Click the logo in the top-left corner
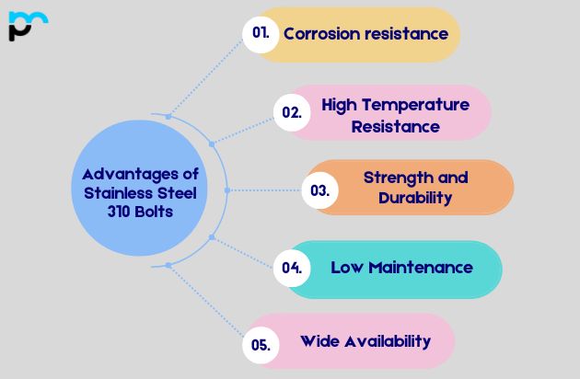coord(27,25)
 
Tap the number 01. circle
coord(261,33)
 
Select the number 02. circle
coord(292,112)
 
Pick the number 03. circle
coord(320,190)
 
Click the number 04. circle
coord(292,269)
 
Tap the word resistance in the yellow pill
coord(409,34)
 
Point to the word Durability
coord(415,198)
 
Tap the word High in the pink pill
coord(340,105)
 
